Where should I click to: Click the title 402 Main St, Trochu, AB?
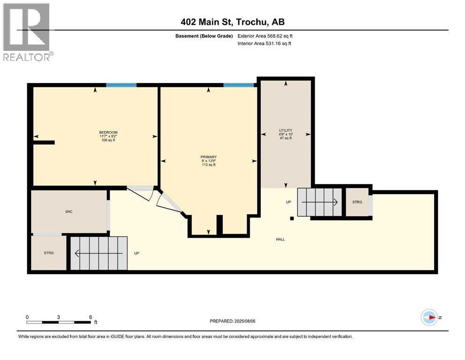click(232, 22)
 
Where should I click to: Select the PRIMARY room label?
click(208, 157)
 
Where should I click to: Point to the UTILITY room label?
click(286, 130)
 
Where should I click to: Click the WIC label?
click(68, 211)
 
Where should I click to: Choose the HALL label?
click(280, 239)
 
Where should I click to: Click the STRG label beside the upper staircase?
click(357, 202)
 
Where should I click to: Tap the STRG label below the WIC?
click(49, 253)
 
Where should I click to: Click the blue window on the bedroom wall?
click(121, 85)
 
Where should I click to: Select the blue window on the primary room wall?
click(239, 85)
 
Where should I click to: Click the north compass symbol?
click(429, 317)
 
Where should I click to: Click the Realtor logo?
click(28, 32)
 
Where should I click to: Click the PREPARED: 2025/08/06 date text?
click(233, 321)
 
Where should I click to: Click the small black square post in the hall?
click(292, 218)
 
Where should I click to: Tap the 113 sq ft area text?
click(208, 165)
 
